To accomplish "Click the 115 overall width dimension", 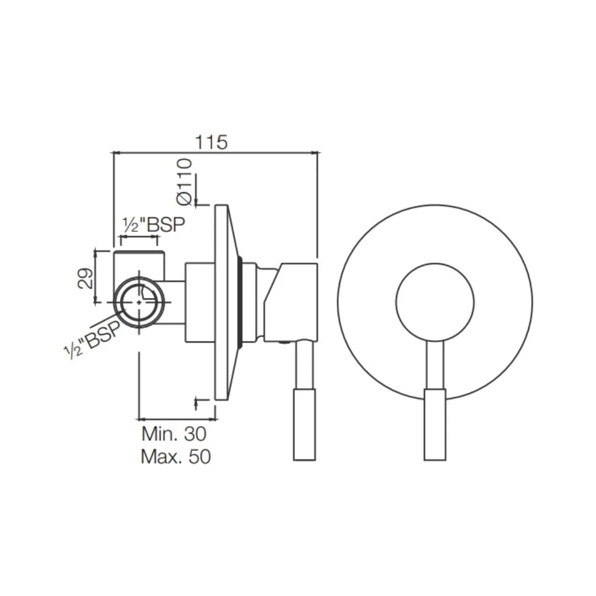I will tap(211, 142).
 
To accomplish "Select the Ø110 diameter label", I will tap(184, 182).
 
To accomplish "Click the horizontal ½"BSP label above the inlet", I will tap(153, 225).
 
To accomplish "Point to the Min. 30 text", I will tap(174, 434).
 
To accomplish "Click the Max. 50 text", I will tap(175, 457).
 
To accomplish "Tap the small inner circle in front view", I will tap(435, 302).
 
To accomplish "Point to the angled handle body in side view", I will tap(291, 301).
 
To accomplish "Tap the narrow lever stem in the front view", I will tap(435, 364).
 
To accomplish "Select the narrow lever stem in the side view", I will tap(304, 364).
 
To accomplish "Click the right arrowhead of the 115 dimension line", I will tap(315, 152).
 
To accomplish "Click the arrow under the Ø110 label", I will tap(196, 200).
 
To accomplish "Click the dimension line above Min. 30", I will tap(177, 419).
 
